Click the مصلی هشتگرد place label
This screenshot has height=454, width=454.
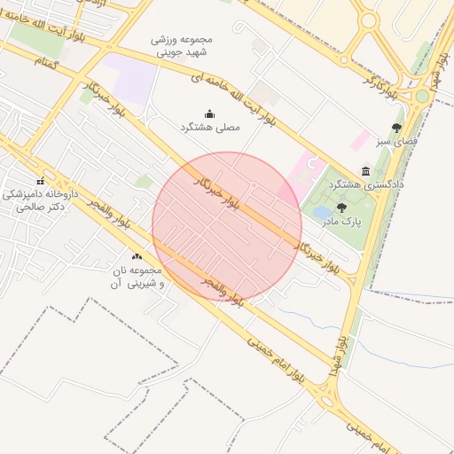(x=210, y=128)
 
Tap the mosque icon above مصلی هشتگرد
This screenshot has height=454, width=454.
(x=210, y=113)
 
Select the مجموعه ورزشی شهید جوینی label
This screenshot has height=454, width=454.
(x=175, y=47)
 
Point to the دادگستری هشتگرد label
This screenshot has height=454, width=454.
(x=365, y=184)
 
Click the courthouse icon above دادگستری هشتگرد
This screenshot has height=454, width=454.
(x=365, y=171)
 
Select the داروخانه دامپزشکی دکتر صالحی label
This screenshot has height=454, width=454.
(x=40, y=200)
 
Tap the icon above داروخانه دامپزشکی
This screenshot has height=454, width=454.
(x=39, y=181)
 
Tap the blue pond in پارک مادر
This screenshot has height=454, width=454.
(x=320, y=213)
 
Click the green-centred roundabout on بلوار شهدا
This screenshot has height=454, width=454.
(x=422, y=96)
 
